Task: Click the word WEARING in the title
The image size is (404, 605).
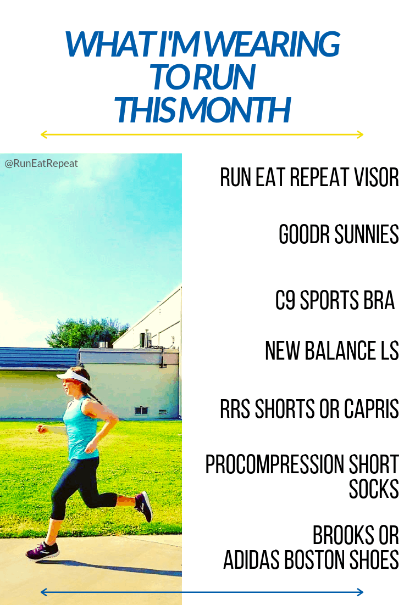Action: click(272, 44)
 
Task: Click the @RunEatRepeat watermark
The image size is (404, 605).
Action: click(41, 164)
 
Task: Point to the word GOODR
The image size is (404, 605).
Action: click(304, 234)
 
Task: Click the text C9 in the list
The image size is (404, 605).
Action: click(285, 300)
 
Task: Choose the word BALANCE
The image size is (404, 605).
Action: click(339, 350)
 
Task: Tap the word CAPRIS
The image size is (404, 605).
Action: click(371, 408)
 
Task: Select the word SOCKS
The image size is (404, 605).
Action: click(374, 489)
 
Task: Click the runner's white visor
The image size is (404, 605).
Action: click(73, 377)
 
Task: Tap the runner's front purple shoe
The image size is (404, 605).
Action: click(42, 551)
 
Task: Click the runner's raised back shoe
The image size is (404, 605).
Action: click(144, 506)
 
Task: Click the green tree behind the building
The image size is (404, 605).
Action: click(87, 333)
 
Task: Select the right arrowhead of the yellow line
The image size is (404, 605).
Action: click(360, 135)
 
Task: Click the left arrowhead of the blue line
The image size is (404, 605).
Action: click(44, 592)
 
